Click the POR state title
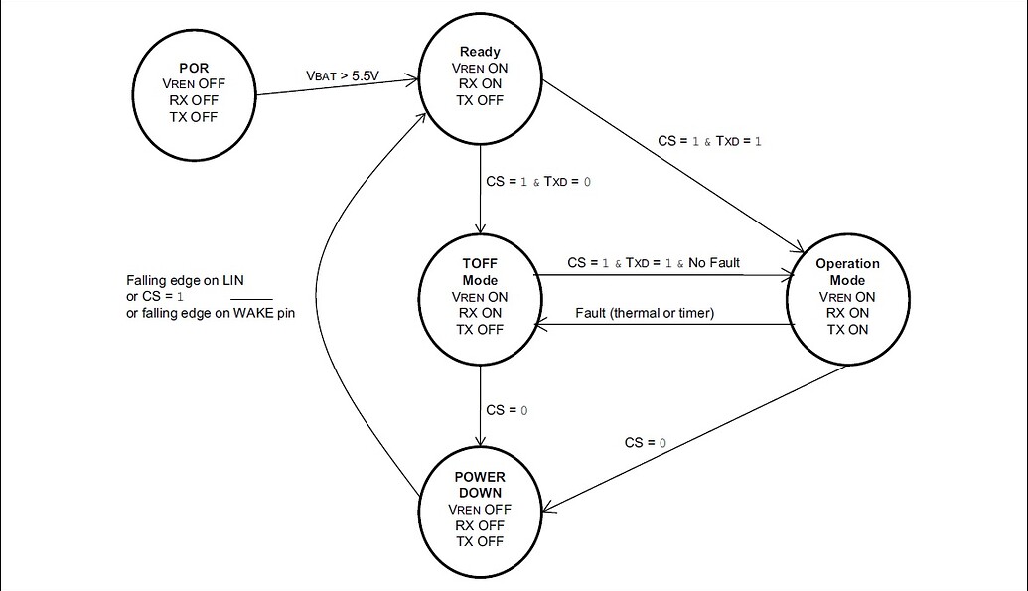[194, 68]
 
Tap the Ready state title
[480, 52]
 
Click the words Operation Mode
[847, 272]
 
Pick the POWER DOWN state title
[480, 485]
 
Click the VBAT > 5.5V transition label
[342, 76]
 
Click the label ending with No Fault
[654, 263]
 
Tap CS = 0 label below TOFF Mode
[507, 410]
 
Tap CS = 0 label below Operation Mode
[646, 441]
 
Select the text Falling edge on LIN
[185, 281]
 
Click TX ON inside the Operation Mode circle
[847, 329]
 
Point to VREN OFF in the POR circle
[194, 84]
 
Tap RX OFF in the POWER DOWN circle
[480, 525]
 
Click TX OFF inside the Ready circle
[480, 100]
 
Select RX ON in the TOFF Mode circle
[480, 313]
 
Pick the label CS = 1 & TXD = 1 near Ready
[710, 142]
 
